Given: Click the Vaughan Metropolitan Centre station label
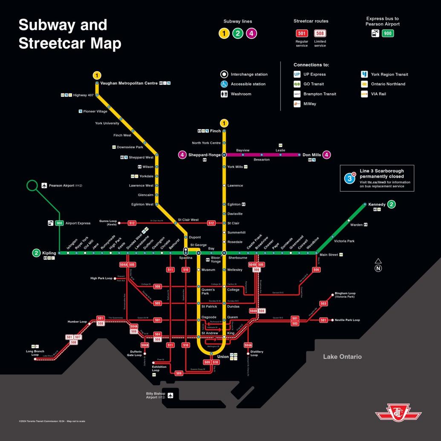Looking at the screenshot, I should [x=129, y=84].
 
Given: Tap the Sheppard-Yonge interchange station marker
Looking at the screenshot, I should [x=224, y=155].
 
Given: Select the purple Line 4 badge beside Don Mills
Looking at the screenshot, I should [x=327, y=155].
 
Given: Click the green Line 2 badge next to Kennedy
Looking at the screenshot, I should [x=391, y=205].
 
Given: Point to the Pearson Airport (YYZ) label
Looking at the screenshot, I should [x=65, y=186].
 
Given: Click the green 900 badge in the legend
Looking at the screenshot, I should [x=388, y=33].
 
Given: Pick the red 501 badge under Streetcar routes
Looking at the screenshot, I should [x=302, y=33].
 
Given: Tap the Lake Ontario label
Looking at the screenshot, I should [x=342, y=357].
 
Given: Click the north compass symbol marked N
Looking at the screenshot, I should [x=378, y=268].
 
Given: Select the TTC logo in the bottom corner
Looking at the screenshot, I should [x=398, y=413].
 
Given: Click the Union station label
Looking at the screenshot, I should [x=223, y=357].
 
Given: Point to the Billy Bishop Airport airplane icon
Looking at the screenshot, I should [x=170, y=395].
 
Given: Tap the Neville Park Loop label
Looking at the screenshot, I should [x=347, y=320].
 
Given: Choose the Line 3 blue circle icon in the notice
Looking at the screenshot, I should [x=350, y=178].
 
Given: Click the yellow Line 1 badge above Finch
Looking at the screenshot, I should [x=224, y=123].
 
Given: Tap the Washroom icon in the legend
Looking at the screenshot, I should [x=224, y=94].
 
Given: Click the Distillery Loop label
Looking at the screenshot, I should [x=257, y=353].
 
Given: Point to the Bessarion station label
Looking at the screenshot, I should [x=262, y=160].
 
